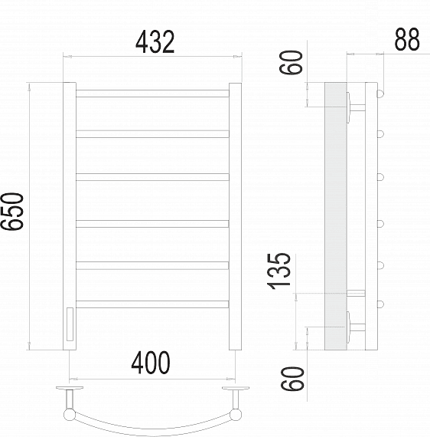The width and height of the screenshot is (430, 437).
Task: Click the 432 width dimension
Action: click(155, 42)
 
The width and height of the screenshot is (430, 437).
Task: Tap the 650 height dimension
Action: click(12, 212)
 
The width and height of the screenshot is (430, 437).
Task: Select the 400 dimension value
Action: click(151, 363)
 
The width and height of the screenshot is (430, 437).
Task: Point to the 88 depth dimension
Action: click(407, 40)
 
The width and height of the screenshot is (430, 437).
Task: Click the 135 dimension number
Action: click(279, 271)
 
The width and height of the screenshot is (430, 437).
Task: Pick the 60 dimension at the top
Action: click(291, 62)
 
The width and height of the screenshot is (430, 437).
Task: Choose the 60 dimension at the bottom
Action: click(292, 379)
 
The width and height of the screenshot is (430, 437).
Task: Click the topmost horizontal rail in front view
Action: click(152, 94)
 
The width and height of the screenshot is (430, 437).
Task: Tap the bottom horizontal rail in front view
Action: click(152, 304)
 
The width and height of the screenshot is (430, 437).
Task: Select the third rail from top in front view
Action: click(152, 177)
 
